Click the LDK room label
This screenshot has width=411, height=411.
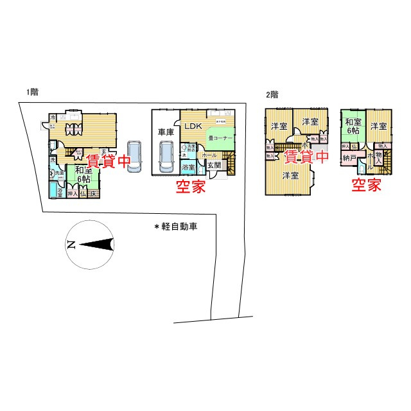[193, 127]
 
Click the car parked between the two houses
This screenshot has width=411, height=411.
[135, 156]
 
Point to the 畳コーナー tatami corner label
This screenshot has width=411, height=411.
[220, 138]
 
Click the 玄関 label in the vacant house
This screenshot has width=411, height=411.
[214, 165]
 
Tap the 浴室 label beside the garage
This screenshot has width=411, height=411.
[188, 168]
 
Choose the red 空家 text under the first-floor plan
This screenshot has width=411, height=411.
[192, 187]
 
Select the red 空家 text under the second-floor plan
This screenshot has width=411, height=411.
[366, 186]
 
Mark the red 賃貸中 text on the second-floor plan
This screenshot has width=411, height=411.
[306, 156]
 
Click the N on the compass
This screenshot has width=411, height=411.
[71, 245]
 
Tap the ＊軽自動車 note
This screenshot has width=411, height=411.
[175, 227]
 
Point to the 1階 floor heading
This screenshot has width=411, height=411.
[32, 92]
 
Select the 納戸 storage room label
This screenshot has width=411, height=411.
[349, 157]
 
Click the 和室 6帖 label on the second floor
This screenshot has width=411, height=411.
[352, 125]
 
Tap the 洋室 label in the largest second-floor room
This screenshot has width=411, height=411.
[290, 175]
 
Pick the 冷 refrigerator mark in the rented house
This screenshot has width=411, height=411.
[53, 118]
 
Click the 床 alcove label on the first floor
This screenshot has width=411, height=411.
[93, 193]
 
